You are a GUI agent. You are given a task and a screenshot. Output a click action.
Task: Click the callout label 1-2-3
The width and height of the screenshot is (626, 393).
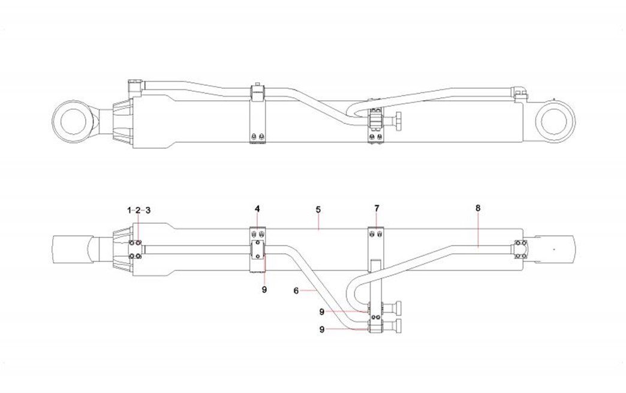coord(139,210)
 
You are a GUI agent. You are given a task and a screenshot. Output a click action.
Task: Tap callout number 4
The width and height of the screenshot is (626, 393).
coord(257,209)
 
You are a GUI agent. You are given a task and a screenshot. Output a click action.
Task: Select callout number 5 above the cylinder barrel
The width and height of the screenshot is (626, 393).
coord(318,209)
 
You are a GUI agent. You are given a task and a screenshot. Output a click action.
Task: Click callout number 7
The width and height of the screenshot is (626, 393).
coord(377,208)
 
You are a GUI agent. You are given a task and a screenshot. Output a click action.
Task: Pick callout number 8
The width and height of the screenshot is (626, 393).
coord(478,208)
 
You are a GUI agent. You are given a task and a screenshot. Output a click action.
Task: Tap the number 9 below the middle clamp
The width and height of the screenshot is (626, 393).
coord(264,289)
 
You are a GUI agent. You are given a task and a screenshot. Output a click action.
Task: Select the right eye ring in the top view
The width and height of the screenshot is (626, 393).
coord(557,122)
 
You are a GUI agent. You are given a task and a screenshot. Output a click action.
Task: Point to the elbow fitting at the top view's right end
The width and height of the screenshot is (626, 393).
coord(519,92)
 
